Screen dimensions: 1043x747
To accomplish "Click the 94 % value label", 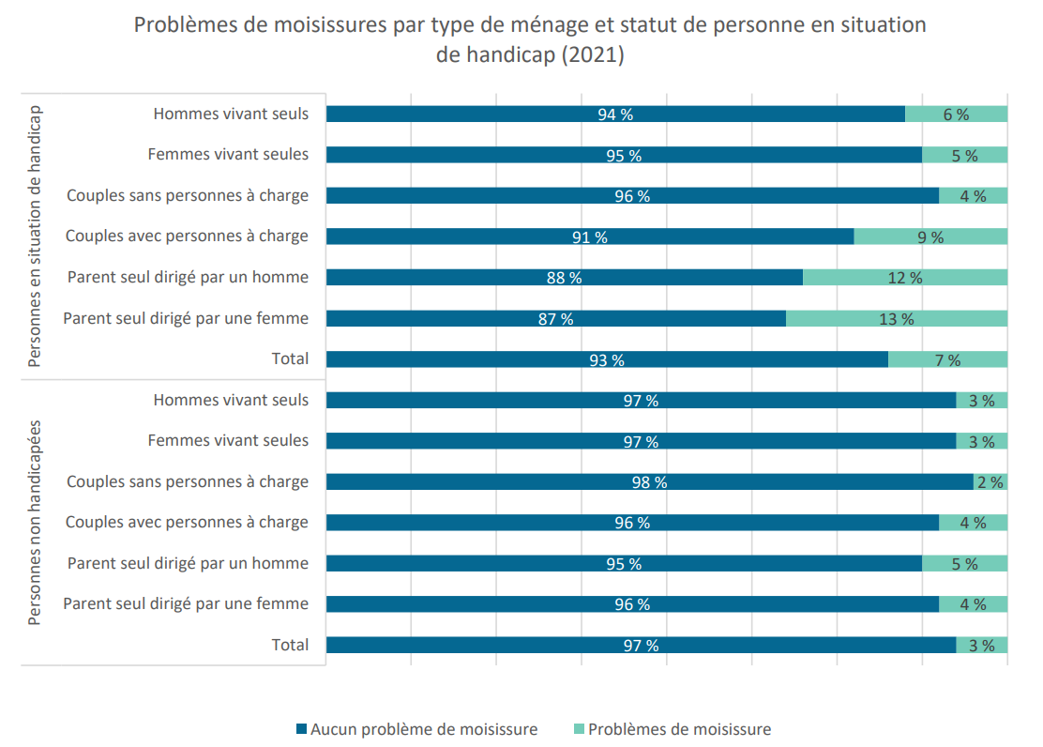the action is (615, 114).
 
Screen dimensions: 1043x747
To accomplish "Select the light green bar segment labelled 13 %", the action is (897, 319).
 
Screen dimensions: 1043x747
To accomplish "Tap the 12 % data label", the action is (904, 279).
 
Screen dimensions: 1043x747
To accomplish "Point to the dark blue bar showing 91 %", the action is (590, 237).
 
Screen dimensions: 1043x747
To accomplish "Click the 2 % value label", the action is (990, 482).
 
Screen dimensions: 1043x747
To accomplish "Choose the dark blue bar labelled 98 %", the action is (650, 482).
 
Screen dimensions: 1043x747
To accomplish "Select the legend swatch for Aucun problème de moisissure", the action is (301, 729).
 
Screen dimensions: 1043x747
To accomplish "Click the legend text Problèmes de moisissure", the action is (680, 730).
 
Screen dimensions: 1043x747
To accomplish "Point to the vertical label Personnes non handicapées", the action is (35, 523).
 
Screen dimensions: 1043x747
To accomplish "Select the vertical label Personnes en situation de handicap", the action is (35, 236).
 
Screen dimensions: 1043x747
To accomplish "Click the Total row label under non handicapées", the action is (290, 645).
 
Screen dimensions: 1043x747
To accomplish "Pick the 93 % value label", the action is (607, 361).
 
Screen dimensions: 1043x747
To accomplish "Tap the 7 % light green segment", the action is (948, 360).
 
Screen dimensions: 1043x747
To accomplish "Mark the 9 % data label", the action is (930, 237).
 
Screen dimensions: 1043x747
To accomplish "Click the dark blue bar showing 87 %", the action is (556, 319).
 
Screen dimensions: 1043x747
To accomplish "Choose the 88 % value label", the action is (564, 279).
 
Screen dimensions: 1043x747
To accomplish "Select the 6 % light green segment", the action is (957, 114).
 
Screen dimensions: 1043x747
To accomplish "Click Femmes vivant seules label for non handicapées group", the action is (228, 441).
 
